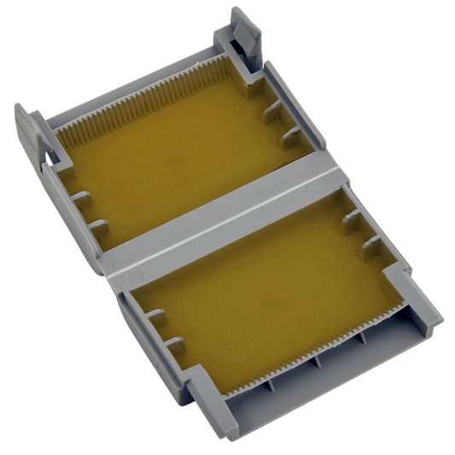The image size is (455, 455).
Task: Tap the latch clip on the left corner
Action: (x=31, y=137)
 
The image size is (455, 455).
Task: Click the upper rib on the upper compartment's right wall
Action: (x=271, y=107)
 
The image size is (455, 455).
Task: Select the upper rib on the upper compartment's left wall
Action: (x=82, y=199)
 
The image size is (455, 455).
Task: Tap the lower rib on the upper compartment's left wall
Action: (x=101, y=229)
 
